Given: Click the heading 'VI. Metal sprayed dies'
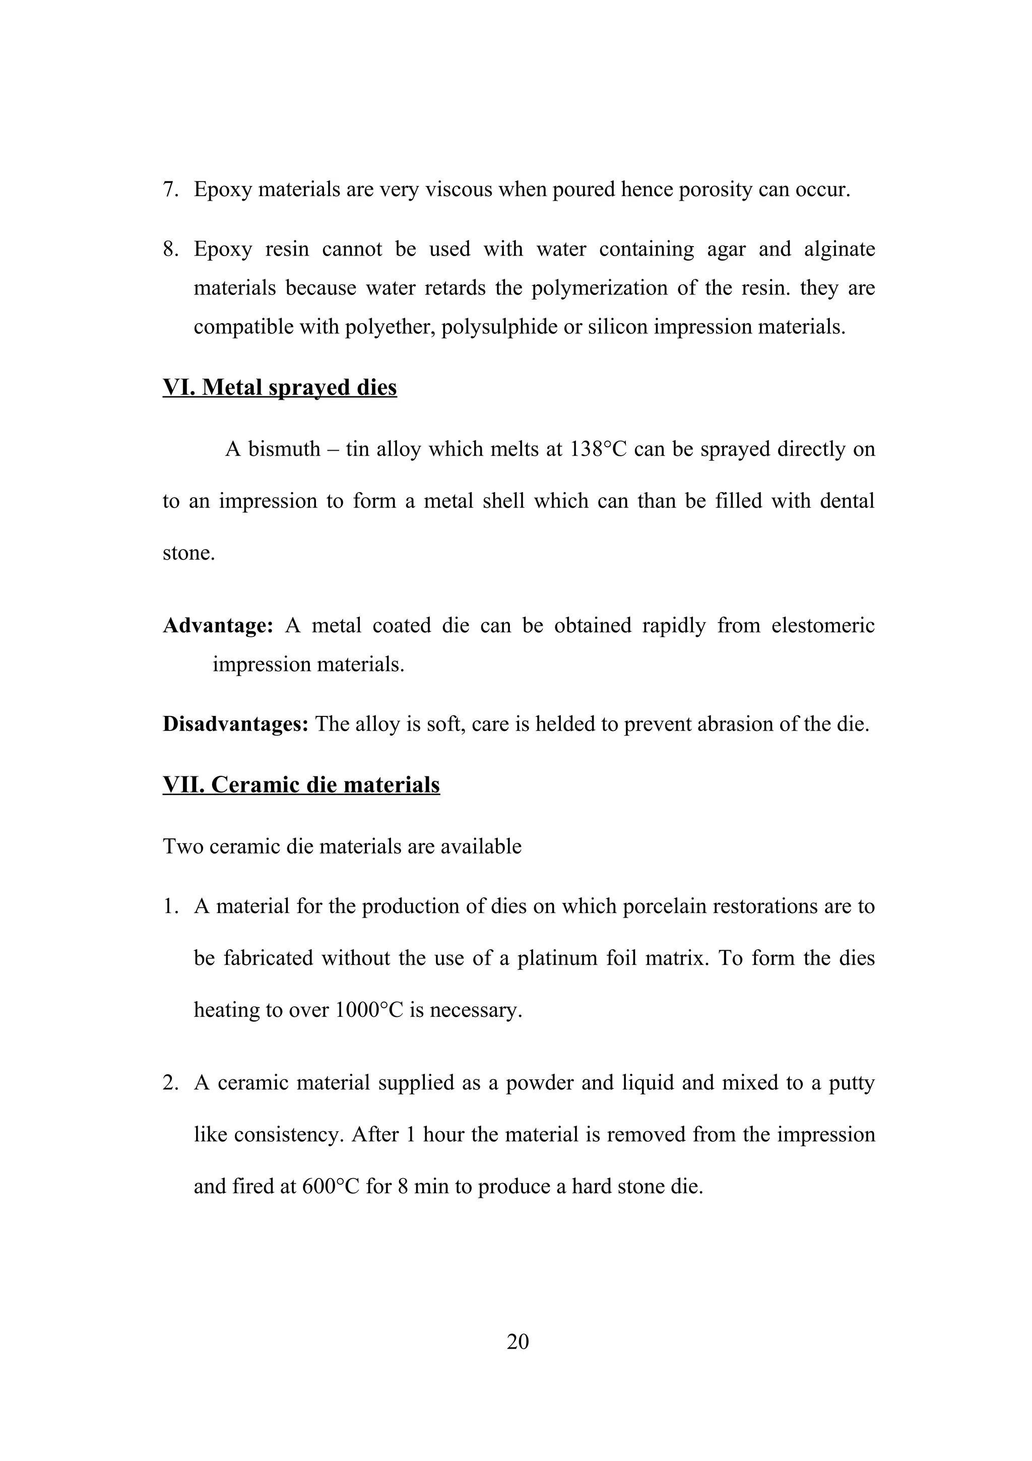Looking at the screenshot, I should click(280, 388).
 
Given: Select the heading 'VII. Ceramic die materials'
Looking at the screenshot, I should click(301, 784).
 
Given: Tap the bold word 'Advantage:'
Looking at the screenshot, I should click(218, 626).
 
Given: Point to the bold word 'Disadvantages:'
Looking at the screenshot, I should click(235, 724).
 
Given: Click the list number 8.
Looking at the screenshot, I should click(170, 249).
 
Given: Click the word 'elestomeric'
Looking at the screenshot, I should click(823, 626).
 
